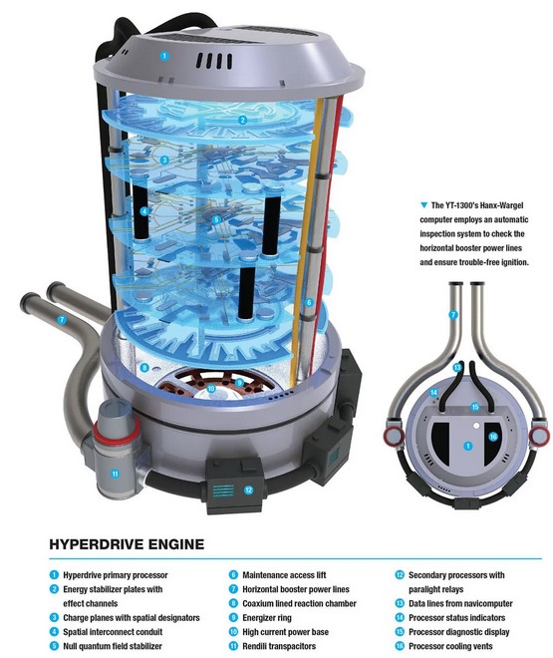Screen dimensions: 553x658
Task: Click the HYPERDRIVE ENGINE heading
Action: coord(127,544)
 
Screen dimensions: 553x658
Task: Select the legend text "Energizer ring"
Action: coord(267,618)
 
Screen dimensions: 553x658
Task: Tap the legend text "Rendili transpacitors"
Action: coord(279,646)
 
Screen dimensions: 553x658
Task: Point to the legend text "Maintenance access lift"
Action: coord(284,575)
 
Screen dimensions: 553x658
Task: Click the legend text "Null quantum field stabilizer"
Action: coord(113,646)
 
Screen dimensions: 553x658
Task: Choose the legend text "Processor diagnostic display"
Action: coord(458,631)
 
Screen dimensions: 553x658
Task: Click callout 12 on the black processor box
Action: coord(249,490)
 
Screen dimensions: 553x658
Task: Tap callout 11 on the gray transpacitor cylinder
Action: coord(115,475)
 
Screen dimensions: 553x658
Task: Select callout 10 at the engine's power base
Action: coord(211,389)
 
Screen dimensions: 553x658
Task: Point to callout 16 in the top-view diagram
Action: coord(493,437)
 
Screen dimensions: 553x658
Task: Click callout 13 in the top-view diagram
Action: coord(457,368)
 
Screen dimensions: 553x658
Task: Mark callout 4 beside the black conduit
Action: coord(144,211)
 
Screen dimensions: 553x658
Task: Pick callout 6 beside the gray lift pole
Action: coord(309,302)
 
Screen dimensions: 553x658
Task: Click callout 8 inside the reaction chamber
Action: coord(144,368)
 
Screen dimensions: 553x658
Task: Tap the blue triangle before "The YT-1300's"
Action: coord(424,205)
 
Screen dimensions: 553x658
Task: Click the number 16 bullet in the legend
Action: coord(400,646)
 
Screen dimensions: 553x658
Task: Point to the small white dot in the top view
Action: coord(476,426)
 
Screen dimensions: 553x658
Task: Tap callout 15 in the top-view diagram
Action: coord(475,407)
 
